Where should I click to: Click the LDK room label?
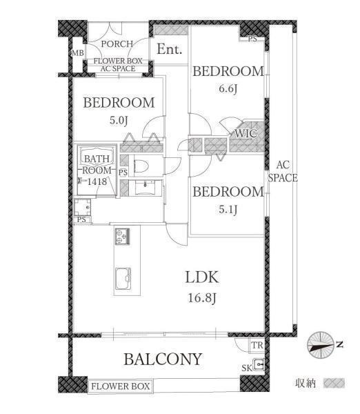(x=202, y=277)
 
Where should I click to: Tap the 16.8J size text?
(x=202, y=298)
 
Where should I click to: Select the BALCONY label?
(x=163, y=359)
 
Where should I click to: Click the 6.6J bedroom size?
(x=228, y=89)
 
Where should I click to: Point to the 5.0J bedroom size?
(x=119, y=120)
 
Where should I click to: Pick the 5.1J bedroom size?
(x=228, y=210)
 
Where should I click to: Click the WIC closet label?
(x=246, y=133)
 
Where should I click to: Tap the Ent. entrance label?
(x=169, y=50)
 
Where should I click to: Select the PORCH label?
(x=117, y=44)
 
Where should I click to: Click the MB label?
(x=78, y=53)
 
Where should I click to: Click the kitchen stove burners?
(x=123, y=236)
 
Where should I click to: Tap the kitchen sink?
(x=123, y=279)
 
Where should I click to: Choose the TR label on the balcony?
(x=257, y=346)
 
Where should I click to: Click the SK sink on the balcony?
(x=259, y=365)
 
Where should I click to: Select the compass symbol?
(x=321, y=345)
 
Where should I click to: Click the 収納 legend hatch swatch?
(x=334, y=383)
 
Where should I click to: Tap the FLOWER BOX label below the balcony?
(x=121, y=386)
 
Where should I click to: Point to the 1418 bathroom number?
(x=97, y=181)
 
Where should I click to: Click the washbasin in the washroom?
(x=145, y=188)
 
